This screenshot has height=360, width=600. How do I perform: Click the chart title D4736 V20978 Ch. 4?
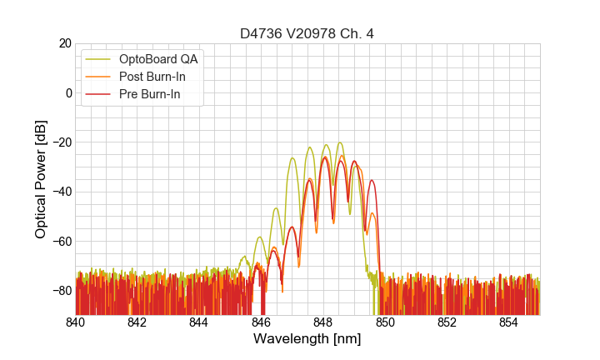pos(307,34)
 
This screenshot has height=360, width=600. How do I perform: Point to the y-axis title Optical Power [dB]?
pos(41,179)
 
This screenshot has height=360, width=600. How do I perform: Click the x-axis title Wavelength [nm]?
pos(307,339)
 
